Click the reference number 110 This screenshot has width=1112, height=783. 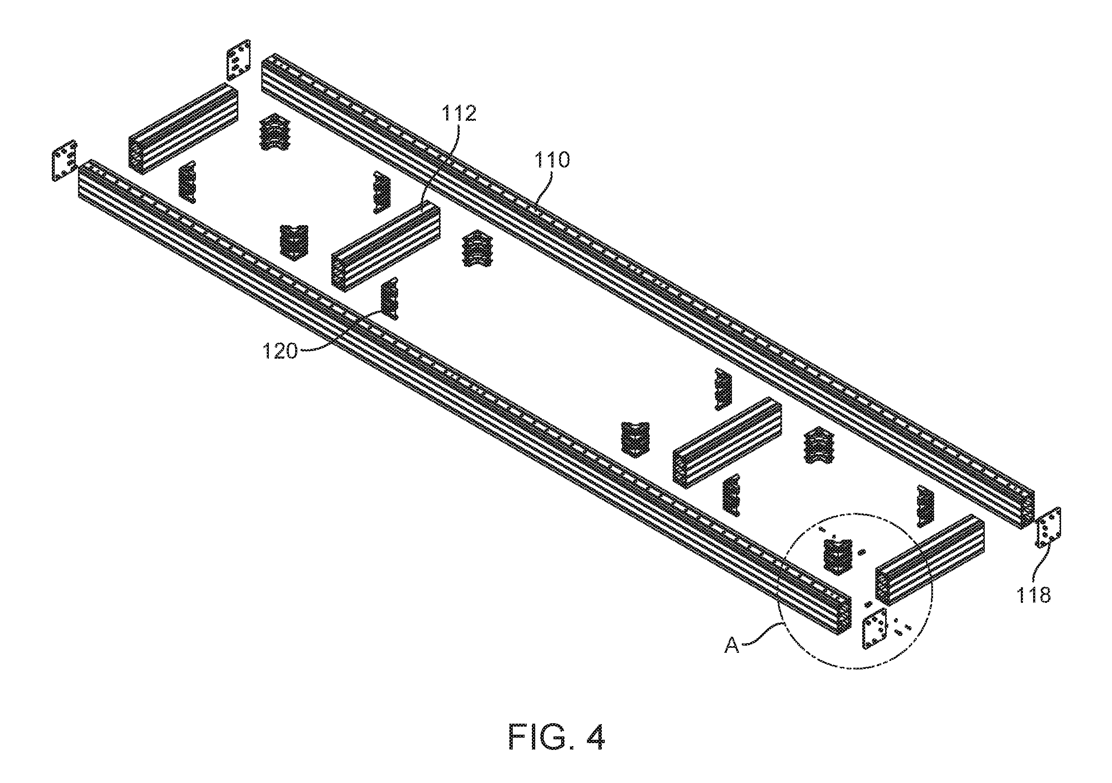point(552,159)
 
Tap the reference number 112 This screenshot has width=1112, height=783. point(458,113)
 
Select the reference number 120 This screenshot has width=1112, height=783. point(280,351)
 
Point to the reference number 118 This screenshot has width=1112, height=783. point(1034,595)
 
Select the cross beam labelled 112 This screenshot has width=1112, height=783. point(385,247)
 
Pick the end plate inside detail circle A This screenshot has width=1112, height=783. point(874,628)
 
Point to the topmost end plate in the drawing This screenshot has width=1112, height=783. point(239,59)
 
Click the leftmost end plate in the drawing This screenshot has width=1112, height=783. point(64,161)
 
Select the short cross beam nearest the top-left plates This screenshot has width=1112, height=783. point(184,129)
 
